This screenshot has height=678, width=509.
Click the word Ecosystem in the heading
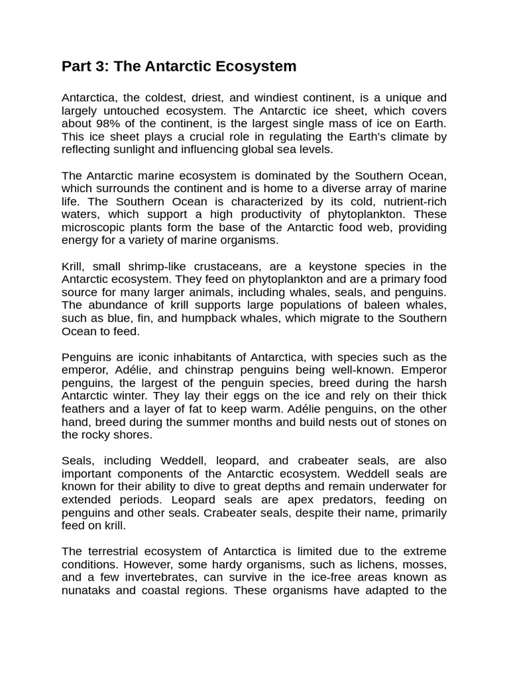click(259, 66)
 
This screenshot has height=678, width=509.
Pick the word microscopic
click(93, 228)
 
